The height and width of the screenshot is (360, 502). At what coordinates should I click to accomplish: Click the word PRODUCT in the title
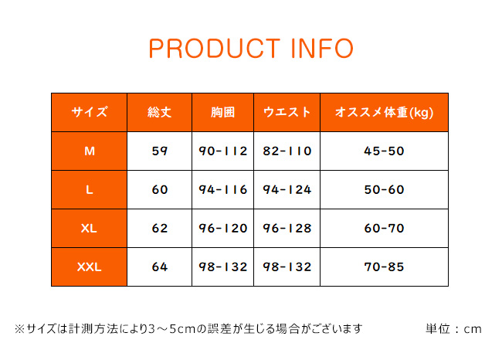(215, 49)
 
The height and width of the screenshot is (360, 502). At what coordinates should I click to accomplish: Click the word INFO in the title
(322, 49)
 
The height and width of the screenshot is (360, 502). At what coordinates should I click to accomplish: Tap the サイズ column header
(90, 112)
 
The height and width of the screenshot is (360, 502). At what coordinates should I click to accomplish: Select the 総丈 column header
(159, 112)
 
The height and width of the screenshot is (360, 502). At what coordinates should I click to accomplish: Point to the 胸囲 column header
(223, 112)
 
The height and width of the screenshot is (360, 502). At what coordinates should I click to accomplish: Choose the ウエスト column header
(287, 112)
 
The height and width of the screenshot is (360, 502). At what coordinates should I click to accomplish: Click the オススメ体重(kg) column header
(384, 113)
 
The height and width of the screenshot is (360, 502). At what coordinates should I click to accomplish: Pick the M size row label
(90, 151)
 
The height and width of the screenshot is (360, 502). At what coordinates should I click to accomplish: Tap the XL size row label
(89, 229)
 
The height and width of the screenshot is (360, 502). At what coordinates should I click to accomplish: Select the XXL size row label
(90, 267)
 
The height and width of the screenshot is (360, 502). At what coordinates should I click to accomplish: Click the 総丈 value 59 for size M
(159, 151)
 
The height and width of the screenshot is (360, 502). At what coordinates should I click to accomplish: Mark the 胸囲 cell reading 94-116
(223, 189)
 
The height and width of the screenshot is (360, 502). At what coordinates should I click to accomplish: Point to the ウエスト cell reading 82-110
(287, 151)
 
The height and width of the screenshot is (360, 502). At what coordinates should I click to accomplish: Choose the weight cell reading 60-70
(384, 229)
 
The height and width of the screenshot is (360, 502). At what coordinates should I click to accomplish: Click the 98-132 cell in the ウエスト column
(287, 267)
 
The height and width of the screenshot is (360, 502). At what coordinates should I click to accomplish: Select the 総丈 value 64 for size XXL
(160, 267)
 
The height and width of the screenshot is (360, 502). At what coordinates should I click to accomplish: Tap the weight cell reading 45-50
(384, 151)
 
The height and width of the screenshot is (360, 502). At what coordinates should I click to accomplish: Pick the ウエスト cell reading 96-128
(287, 229)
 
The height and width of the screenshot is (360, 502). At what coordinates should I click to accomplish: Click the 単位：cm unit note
(453, 329)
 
